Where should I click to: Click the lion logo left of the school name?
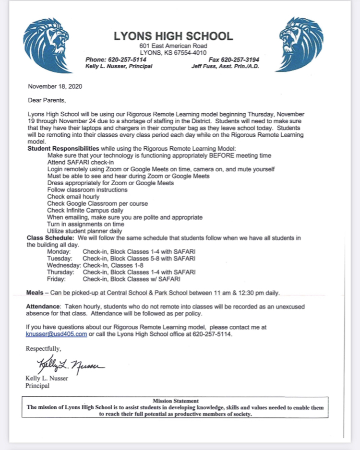[x=45, y=44]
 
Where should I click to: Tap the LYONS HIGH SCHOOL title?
[x=173, y=36]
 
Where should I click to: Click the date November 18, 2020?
[x=55, y=87]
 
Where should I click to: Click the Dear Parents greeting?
[x=46, y=101]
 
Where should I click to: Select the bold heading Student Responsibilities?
[x=63, y=149]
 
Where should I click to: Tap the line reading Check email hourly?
[x=73, y=197]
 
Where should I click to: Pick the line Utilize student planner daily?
[x=84, y=231]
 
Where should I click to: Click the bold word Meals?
[x=36, y=293]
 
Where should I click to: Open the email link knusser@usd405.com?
[x=57, y=334]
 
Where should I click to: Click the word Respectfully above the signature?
[x=44, y=348]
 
